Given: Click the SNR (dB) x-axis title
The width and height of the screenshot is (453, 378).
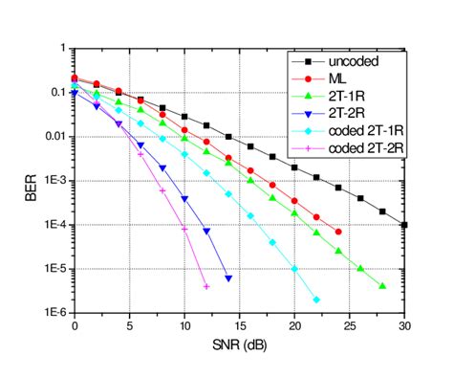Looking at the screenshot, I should point(239,344).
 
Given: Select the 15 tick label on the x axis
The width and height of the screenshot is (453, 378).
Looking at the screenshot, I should point(239,325).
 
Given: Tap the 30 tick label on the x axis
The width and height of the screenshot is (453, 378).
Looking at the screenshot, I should point(404,325).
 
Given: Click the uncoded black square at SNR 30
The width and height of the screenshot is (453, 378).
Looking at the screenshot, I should point(404,225).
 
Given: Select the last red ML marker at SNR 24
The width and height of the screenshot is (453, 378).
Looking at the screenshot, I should point(338,232).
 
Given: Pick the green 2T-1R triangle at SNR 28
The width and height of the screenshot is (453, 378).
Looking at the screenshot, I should point(382,285).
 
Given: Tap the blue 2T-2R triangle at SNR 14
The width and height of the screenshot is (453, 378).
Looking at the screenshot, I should point(227,278).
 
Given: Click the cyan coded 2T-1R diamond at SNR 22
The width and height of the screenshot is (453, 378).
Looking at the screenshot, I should point(316,300).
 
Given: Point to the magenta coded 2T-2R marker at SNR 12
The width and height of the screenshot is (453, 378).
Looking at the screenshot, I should point(206,285).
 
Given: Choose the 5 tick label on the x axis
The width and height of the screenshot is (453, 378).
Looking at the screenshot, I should point(129,325).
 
